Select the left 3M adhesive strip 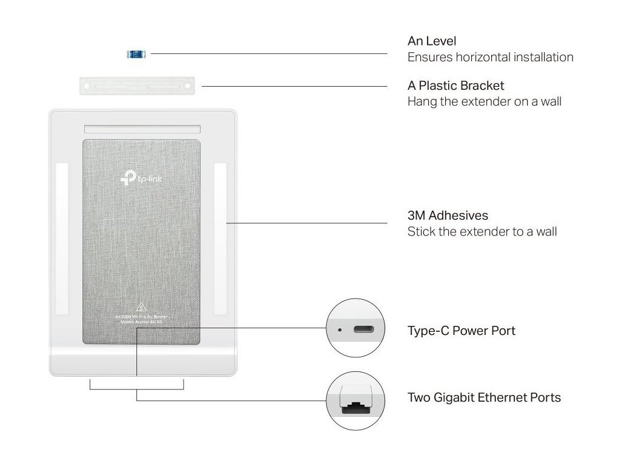62,238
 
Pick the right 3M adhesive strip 220,238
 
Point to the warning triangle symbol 141,306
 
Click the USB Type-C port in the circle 364,330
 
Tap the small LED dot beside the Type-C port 340,330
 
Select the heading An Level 432,41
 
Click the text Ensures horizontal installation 490,57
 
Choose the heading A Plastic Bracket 455,86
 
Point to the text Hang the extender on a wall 484,101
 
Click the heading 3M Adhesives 448,215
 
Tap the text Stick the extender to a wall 482,231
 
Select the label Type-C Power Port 461,331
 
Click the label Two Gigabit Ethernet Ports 484,397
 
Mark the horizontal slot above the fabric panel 143,129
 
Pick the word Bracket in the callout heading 482,86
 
